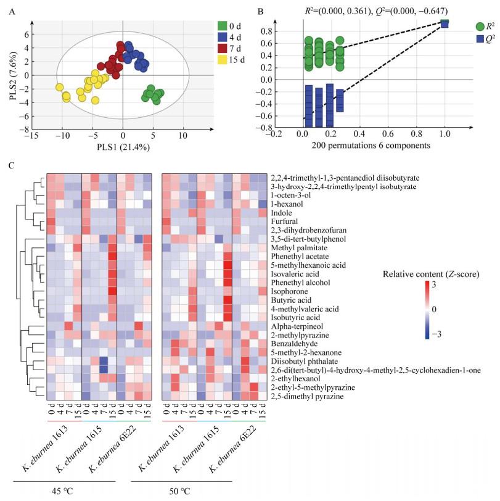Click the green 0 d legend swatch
tap(223, 26)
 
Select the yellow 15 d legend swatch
tap(223, 60)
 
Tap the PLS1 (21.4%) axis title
tap(123, 148)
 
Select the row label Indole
tap(284, 211)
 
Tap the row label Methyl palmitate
tap(298, 246)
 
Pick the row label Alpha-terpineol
tap(295, 326)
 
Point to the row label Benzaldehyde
tap(293, 344)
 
